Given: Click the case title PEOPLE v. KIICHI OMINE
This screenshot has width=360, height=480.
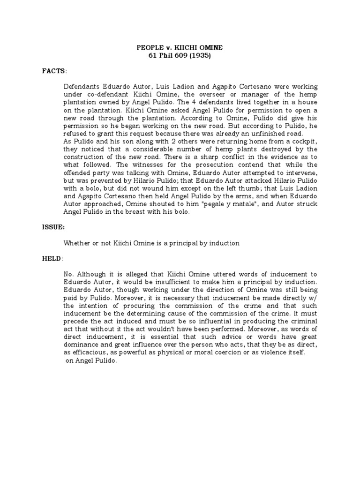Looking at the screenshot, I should pos(180,47).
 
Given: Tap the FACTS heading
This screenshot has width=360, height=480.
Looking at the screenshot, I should pos(53,71).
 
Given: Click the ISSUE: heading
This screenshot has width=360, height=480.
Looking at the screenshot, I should pos(53,227).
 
